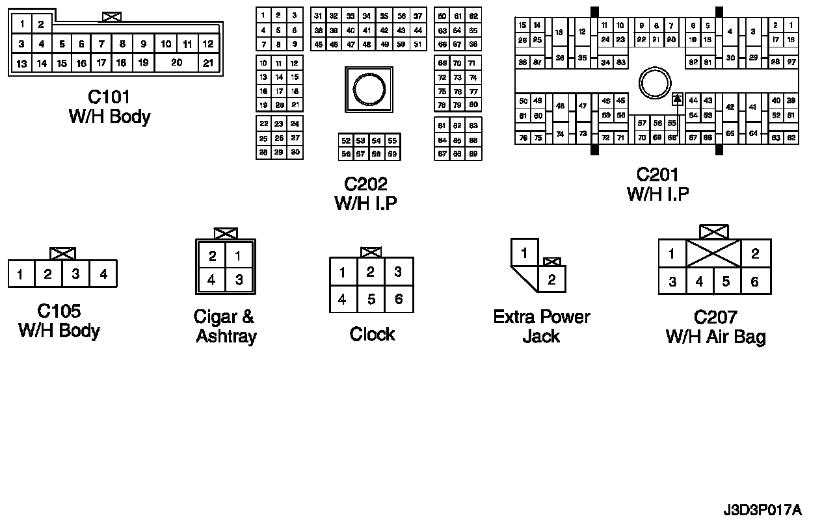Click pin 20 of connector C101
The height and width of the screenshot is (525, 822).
176,63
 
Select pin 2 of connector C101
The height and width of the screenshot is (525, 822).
40,25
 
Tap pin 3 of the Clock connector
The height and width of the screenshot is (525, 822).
399,272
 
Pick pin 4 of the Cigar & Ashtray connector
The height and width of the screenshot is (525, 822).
211,281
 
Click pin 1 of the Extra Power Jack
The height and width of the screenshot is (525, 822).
524,253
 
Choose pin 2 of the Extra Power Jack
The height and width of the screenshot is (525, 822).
551,280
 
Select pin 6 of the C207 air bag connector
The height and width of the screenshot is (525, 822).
755,282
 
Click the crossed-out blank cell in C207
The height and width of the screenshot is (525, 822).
713,253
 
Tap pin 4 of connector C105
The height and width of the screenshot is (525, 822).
103,274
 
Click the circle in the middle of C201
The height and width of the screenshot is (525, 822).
655,83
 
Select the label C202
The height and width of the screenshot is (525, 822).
365,185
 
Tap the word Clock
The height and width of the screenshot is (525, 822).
372,334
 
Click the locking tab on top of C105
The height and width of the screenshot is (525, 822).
62,253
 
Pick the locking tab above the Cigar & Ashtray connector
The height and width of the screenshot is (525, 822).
226,233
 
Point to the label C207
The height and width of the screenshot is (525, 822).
715,317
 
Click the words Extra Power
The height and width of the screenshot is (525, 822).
541,317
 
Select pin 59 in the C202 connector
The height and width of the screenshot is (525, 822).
392,154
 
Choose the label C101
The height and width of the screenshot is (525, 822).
109,97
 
